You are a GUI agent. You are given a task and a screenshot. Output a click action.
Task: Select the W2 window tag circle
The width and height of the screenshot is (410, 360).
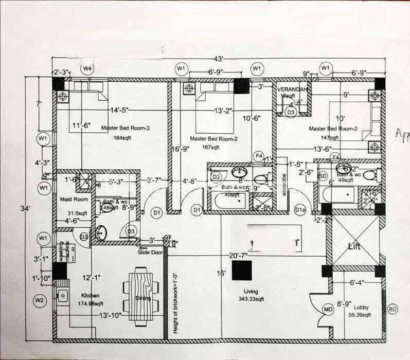coord(40,300)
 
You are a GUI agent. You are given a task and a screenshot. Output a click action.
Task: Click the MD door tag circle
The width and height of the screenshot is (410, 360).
coord(328,309)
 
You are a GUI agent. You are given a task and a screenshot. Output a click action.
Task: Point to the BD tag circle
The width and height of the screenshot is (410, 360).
coord(393,309)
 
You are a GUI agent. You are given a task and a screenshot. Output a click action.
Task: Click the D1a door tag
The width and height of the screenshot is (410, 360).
coord(300,210)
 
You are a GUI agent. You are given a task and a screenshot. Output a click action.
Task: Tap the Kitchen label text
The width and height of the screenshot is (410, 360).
coord(90,296)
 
